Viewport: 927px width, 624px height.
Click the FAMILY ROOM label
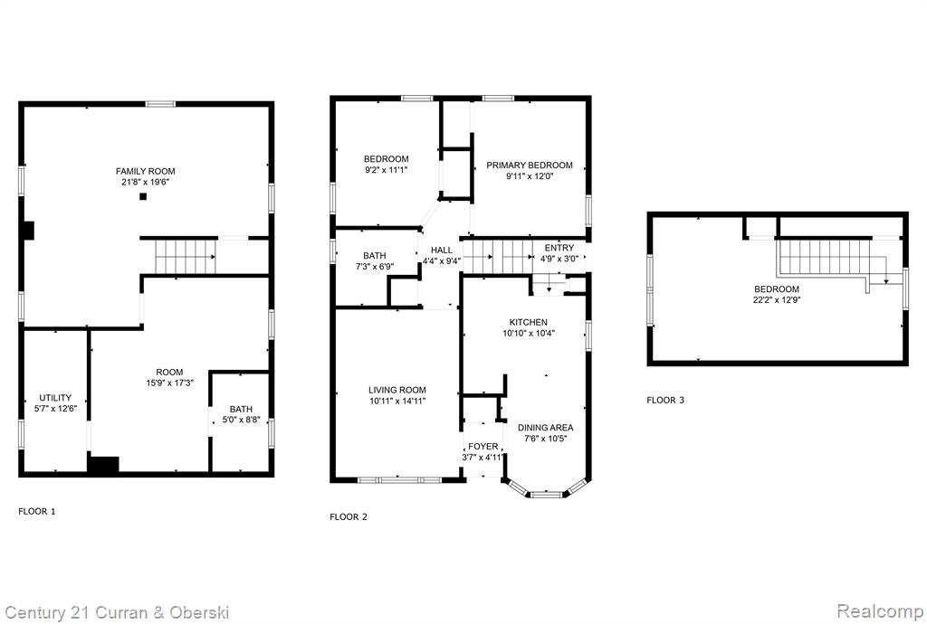[x=146, y=171]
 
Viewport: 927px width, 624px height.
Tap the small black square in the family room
[x=142, y=196]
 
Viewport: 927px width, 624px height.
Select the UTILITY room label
[x=55, y=397]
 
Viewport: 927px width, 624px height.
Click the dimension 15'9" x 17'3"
[x=169, y=383]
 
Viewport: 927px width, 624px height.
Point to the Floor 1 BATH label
[x=241, y=409]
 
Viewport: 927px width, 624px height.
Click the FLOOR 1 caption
[x=36, y=511]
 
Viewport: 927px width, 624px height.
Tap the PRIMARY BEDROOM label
[x=529, y=165]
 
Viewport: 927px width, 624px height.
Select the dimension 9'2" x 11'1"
[x=386, y=170]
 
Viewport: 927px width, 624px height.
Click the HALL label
[x=442, y=251]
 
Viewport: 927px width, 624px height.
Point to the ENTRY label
[x=559, y=248]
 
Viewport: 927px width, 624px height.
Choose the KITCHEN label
[x=529, y=322]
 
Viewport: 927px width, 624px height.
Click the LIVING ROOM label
[x=397, y=390]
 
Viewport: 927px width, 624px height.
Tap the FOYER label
[x=483, y=447]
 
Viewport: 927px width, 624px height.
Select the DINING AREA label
[x=545, y=428]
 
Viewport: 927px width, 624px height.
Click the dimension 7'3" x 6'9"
[x=375, y=266]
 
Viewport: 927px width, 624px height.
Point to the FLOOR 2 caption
[x=349, y=516]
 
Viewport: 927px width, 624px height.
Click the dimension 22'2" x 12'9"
[x=777, y=300]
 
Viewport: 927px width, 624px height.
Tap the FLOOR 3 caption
[x=665, y=400]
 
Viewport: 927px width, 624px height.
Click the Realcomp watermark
[x=880, y=610]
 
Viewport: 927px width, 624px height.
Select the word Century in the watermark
[x=35, y=613]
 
